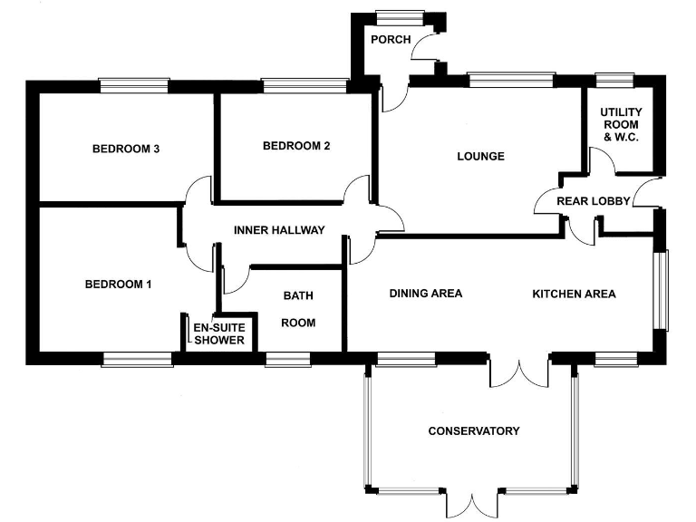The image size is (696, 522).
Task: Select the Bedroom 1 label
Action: point(118,285)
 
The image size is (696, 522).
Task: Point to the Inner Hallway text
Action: point(278,230)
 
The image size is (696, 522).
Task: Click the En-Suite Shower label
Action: point(218,333)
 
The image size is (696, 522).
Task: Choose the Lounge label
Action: point(480,156)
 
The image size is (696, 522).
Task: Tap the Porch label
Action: point(391,40)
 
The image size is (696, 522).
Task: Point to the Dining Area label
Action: point(426,294)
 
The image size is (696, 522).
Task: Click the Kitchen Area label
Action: point(574,294)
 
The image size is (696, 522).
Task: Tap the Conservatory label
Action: point(474,430)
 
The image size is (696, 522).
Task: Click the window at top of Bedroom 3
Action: point(134,85)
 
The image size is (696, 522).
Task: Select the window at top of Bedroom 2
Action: point(304,85)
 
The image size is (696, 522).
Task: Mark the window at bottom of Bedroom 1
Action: point(137,360)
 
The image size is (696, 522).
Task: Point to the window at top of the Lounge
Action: point(511,81)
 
